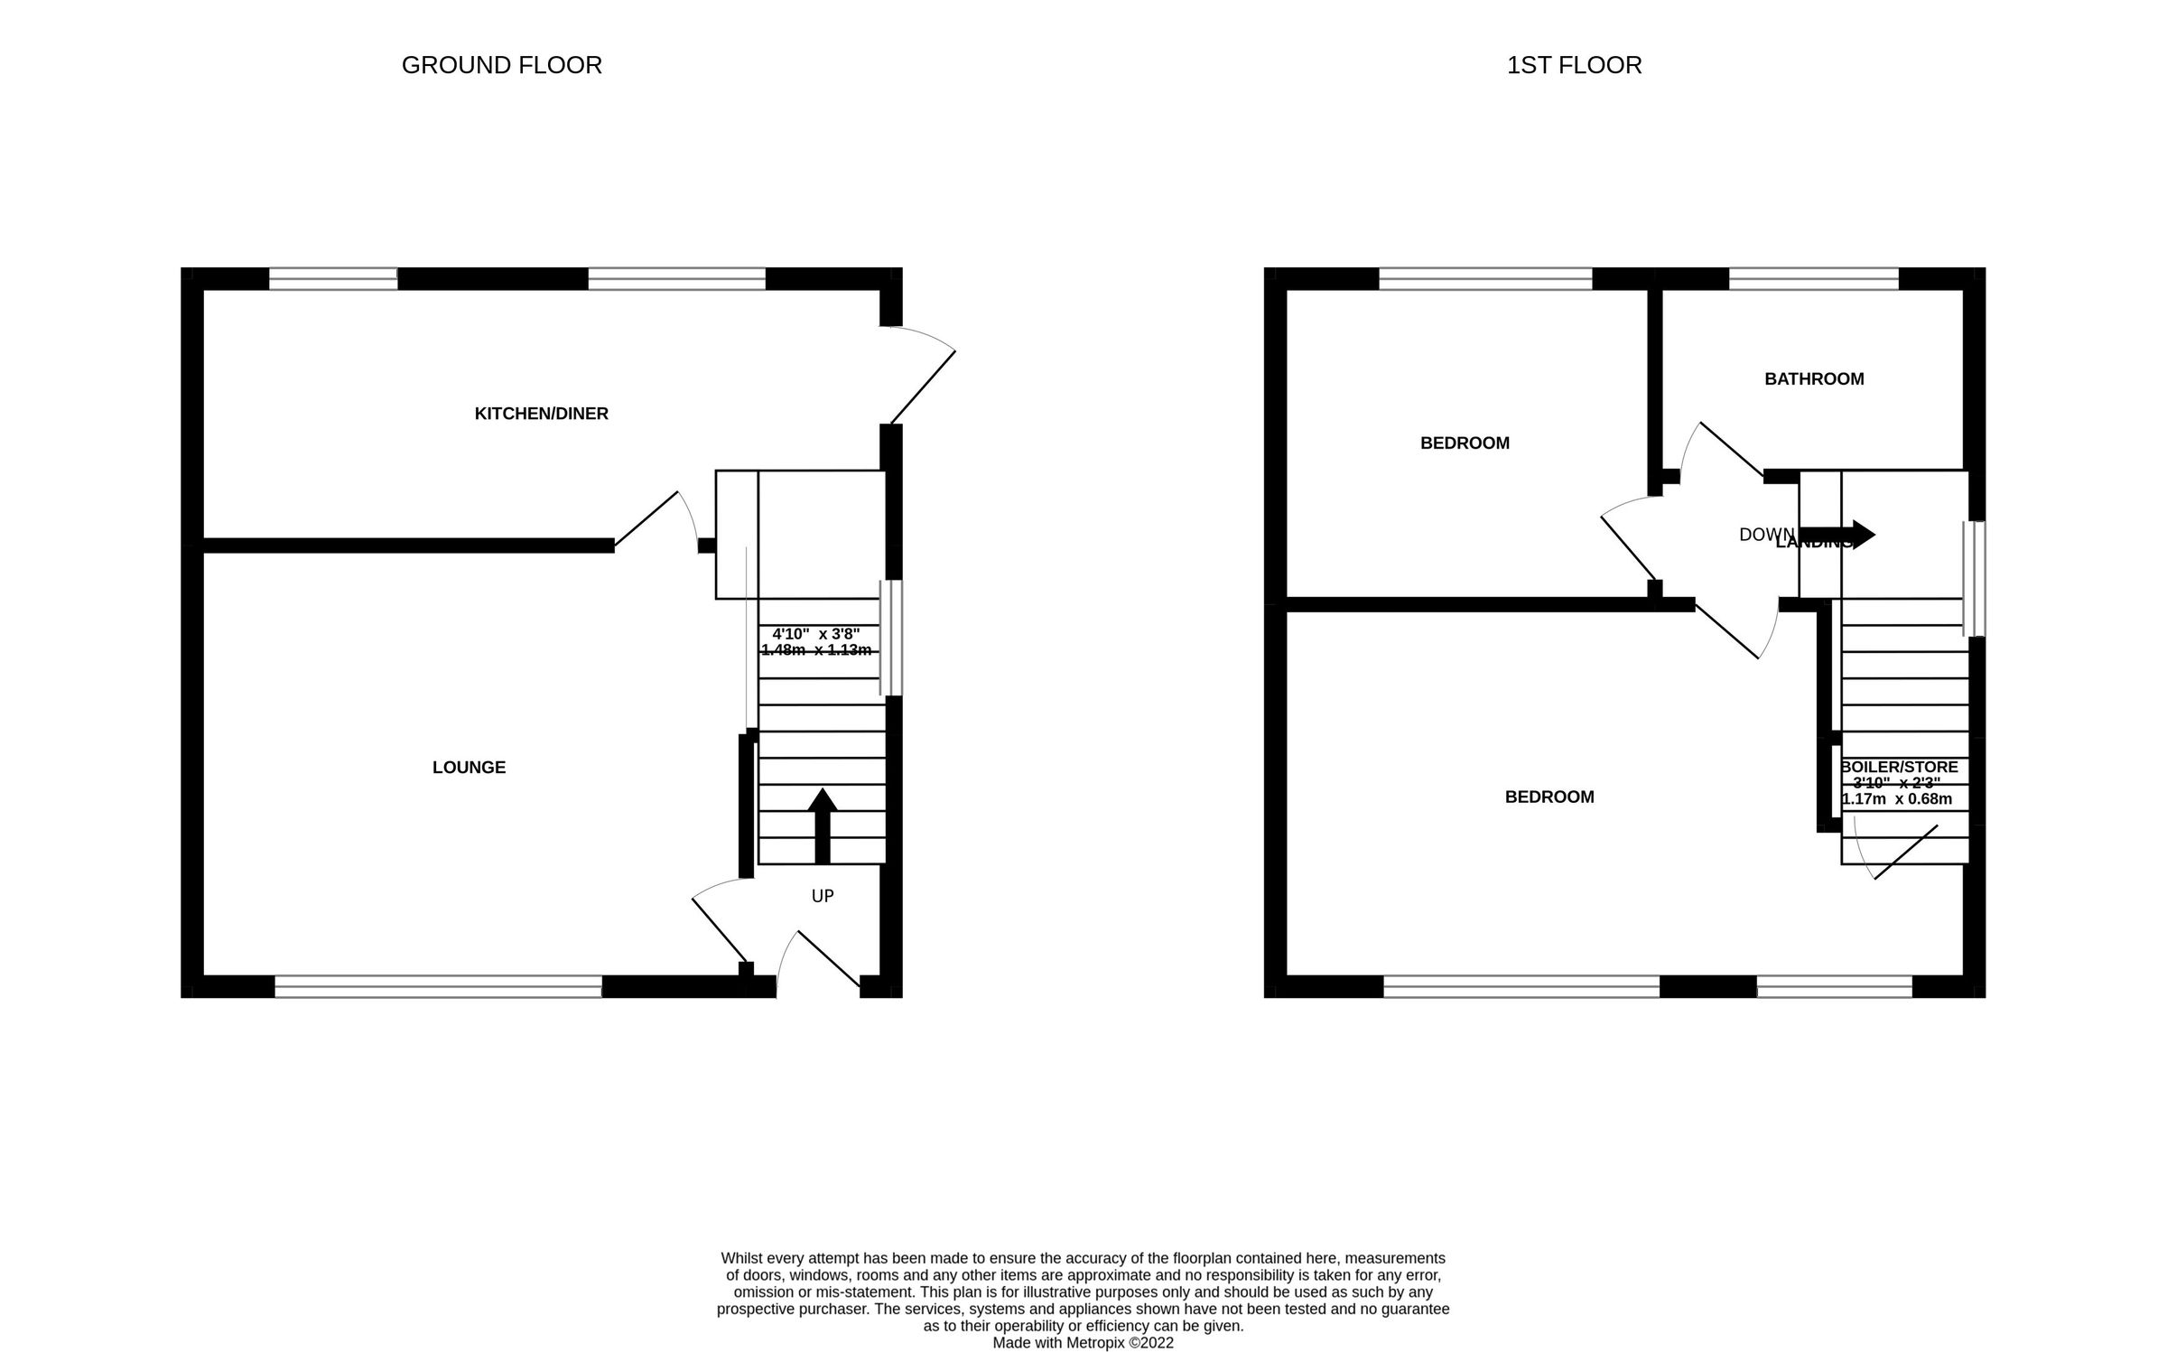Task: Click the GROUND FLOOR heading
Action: click(x=501, y=66)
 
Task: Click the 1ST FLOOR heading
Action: click(x=1574, y=66)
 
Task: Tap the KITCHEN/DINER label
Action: click(x=542, y=414)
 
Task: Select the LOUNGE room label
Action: click(x=469, y=768)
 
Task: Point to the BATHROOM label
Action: click(x=1814, y=379)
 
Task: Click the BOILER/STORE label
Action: click(x=1900, y=768)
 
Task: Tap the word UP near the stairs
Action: click(x=823, y=896)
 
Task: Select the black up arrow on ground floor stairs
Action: click(x=822, y=825)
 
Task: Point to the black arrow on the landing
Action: click(x=1837, y=535)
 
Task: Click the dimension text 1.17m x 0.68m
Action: click(x=1897, y=799)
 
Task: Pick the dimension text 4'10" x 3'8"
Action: click(x=815, y=634)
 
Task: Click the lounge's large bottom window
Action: click(x=438, y=986)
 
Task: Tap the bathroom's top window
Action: click(x=1813, y=278)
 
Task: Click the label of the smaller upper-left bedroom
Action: click(x=1465, y=443)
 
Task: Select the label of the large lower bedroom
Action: click(x=1549, y=797)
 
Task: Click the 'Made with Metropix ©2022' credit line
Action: click(x=1083, y=1342)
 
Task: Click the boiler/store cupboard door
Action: click(x=1905, y=852)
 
